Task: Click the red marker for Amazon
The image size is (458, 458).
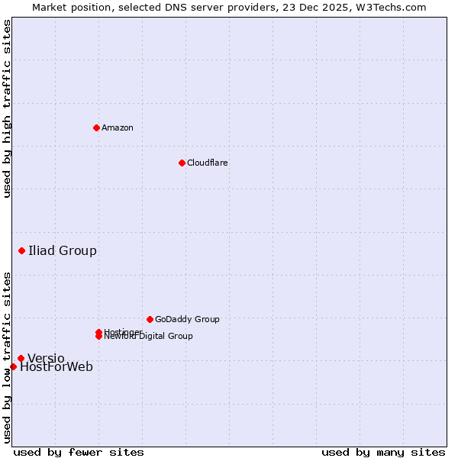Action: pos(96,127)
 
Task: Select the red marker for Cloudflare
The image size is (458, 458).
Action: pos(182,163)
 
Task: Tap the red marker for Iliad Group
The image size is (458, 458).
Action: pos(21,250)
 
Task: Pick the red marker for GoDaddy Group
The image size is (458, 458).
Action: pos(150,319)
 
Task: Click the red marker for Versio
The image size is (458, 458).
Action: pos(21,358)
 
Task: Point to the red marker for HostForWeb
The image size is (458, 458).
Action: pos(13,366)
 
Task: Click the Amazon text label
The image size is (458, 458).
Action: pos(118,127)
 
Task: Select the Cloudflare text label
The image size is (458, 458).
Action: pos(208,163)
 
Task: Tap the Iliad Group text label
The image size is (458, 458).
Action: pos(63,250)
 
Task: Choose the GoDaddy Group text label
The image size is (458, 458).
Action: pos(187,319)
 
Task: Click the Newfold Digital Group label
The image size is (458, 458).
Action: pos(149,337)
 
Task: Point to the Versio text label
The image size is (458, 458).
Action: pos(46,358)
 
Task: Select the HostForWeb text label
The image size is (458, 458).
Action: pos(56,367)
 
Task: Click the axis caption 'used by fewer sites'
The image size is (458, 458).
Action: pos(79,452)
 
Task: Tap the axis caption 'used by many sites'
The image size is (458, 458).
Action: pos(383,452)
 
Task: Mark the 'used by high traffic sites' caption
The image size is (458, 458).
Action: pos(7,108)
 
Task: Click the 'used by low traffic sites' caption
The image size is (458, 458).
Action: pos(7,357)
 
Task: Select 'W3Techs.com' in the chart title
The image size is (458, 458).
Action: pos(389,7)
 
